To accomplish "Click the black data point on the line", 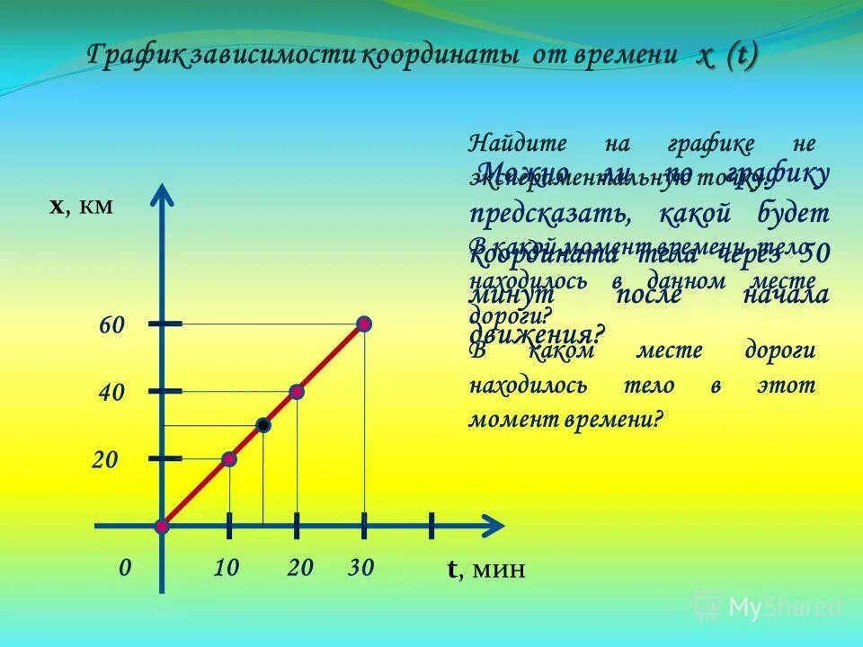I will [263, 425].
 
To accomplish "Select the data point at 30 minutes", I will [363, 323].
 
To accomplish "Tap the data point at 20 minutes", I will [297, 392].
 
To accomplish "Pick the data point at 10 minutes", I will [229, 459].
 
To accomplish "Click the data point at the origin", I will [162, 526].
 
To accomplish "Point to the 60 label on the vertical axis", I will [111, 325].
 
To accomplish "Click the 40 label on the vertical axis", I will [111, 393].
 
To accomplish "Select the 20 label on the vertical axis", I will [105, 460].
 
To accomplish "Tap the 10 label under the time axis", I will [227, 568].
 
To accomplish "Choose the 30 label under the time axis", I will [360, 568].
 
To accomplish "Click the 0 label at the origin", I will [126, 568].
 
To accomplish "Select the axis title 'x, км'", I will [81, 207].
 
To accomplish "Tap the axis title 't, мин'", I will [485, 570].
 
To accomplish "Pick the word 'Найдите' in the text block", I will [506, 143].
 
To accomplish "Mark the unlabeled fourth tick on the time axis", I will [431, 526].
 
